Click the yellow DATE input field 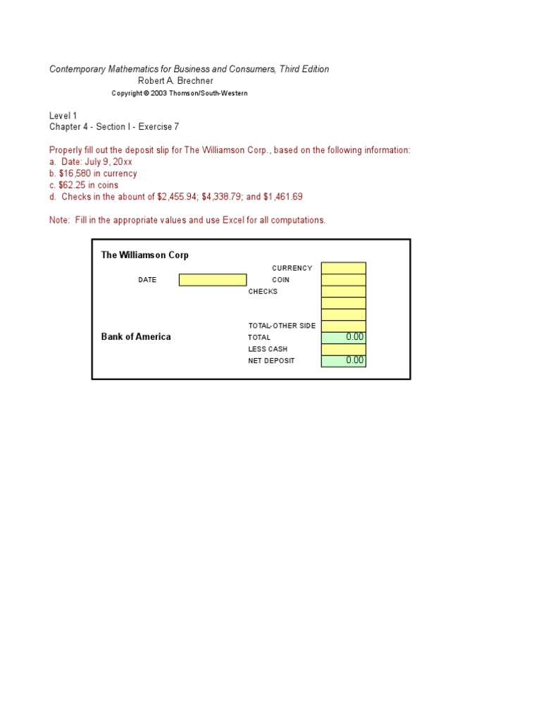pos(212,280)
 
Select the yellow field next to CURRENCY pos(343,268)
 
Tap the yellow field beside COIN pos(343,280)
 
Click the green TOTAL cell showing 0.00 pos(343,337)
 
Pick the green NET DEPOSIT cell pos(343,360)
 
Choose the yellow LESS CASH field pos(343,349)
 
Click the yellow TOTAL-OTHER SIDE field pos(343,326)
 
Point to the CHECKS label pos(263,291)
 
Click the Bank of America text pos(136,337)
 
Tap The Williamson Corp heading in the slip pos(144,255)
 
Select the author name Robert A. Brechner pos(175,81)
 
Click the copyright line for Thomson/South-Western pos(180,93)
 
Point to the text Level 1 pos(63,116)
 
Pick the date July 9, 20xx pos(107,162)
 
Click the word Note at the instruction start pos(58,220)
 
